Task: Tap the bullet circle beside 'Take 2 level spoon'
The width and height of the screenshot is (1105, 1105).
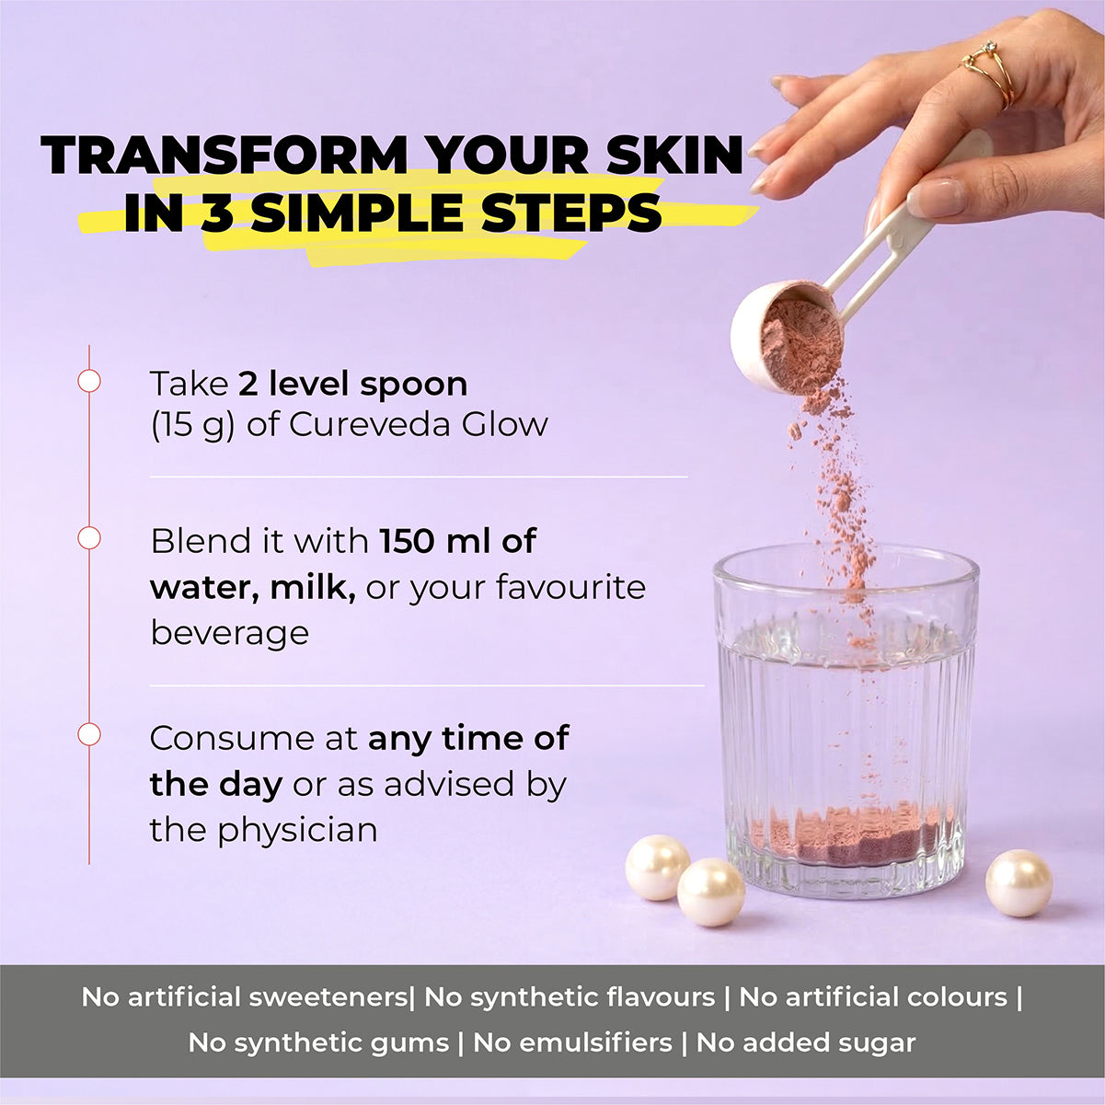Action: tap(89, 381)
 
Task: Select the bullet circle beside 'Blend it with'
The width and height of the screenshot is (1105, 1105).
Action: tap(89, 538)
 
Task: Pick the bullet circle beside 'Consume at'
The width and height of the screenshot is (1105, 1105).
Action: tap(89, 735)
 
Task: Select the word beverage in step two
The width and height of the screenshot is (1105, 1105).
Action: tap(229, 633)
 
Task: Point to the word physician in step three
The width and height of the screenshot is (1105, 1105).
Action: tap(297, 830)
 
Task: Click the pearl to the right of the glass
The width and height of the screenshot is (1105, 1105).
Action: tap(1019, 882)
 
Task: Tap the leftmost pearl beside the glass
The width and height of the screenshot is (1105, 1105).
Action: tap(656, 867)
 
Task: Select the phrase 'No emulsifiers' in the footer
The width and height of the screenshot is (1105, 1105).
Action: tap(572, 1042)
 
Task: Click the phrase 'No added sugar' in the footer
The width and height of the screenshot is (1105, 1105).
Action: tap(806, 1042)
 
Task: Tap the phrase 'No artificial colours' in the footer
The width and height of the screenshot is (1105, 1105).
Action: tap(873, 996)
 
